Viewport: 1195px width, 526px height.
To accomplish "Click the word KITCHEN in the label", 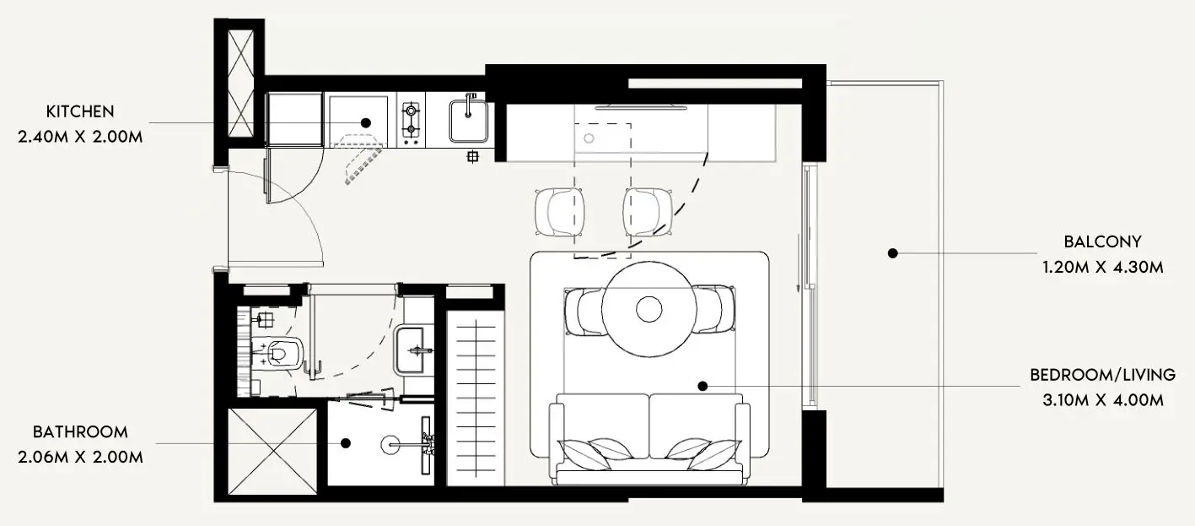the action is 80,111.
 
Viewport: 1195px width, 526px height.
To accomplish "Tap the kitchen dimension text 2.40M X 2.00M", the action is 80,138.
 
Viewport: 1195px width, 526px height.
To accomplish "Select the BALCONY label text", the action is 1103,242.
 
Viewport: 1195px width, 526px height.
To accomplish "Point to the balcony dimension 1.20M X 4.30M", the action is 1103,267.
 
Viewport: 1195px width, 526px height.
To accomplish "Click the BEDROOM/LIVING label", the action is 1103,375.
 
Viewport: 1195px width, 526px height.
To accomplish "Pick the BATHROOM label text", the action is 80,432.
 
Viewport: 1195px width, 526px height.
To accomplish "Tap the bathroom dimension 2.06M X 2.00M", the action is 80,458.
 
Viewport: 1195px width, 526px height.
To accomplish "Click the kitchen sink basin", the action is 468,122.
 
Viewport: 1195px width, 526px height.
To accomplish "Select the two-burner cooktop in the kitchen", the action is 412,120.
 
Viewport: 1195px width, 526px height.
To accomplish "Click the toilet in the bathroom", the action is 281,352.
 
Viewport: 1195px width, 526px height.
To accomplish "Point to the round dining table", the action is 649,309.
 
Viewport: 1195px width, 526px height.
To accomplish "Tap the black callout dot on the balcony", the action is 892,253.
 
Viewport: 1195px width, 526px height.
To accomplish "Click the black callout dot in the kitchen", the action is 365,122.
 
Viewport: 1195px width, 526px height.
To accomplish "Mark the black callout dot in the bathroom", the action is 346,443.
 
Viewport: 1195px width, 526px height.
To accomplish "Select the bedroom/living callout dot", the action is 702,386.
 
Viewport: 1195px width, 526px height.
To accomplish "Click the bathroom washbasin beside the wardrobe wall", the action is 410,351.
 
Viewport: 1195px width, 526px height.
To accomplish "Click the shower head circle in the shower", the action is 390,444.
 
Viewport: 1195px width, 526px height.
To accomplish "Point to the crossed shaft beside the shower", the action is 272,452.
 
